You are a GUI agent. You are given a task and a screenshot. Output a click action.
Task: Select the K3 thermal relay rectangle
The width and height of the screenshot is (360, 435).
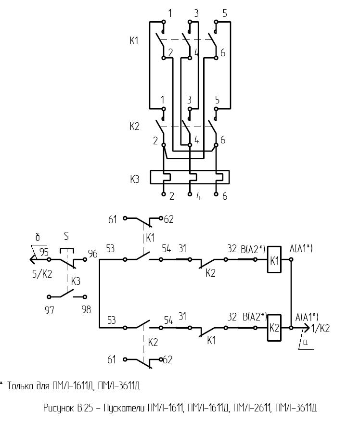pyautogui.click(x=190, y=177)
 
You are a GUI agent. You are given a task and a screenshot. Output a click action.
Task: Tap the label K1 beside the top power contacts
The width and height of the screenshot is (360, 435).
pyautogui.click(x=134, y=41)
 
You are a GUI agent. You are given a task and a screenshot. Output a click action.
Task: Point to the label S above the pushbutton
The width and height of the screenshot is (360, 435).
pyautogui.click(x=66, y=237)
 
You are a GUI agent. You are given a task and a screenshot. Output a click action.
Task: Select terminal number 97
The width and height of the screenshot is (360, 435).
pyautogui.click(x=50, y=309)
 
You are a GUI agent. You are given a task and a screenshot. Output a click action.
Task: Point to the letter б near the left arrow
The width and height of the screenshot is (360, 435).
pyautogui.click(x=38, y=237)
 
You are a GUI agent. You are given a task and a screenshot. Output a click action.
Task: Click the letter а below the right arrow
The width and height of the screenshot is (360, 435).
pyautogui.click(x=305, y=342)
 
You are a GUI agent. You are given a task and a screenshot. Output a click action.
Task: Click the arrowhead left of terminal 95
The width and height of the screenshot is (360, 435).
pyautogui.click(x=33, y=259)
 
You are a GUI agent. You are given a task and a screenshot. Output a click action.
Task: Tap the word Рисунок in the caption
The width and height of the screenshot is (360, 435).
pyautogui.click(x=59, y=409)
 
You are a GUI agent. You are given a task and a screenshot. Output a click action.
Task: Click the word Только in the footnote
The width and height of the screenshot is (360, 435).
pyautogui.click(x=20, y=385)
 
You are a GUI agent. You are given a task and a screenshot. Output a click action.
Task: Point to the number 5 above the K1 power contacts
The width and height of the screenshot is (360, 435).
pyautogui.click(x=225, y=13)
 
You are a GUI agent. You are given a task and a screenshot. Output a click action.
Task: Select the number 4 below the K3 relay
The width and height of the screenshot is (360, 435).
pyautogui.click(x=198, y=197)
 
